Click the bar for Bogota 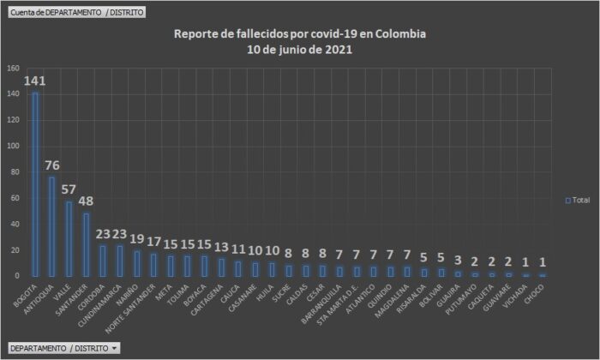click(35, 183)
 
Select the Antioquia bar click(51, 226)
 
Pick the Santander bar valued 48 click(86, 244)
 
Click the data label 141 click(35, 81)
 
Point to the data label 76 click(52, 166)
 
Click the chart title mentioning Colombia click(300, 34)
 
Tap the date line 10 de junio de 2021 click(300, 50)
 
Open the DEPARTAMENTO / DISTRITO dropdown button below click(63, 347)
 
